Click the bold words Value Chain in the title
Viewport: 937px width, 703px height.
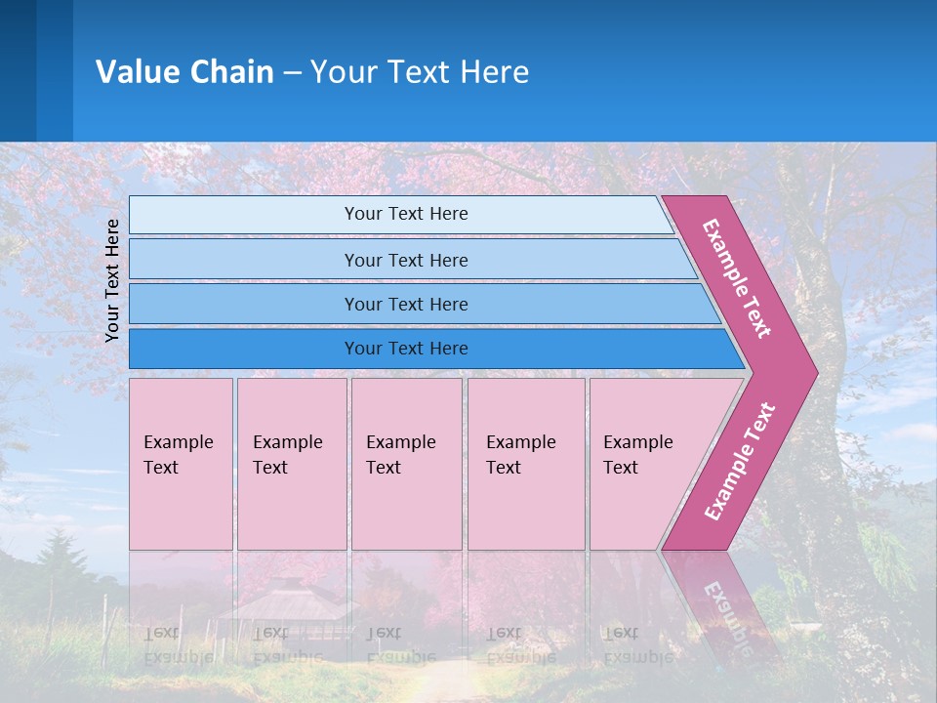[x=184, y=72]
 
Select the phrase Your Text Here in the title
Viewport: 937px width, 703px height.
[x=420, y=72]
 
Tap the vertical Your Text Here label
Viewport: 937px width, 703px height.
[x=112, y=280]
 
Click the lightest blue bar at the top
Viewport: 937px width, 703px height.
[x=405, y=214]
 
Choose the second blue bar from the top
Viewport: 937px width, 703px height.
[x=405, y=260]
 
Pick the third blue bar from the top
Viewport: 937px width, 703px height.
[x=405, y=304]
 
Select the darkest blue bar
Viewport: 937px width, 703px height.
[x=405, y=349]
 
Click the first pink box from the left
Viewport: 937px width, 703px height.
[x=181, y=464]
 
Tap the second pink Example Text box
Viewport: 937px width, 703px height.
[x=291, y=464]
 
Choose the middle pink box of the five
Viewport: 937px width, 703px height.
[x=406, y=464]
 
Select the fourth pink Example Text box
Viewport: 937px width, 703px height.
[x=526, y=464]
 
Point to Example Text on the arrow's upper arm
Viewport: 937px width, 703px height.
[x=737, y=278]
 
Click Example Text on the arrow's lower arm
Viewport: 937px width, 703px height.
[x=740, y=461]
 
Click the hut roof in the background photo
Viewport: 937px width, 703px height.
[x=283, y=598]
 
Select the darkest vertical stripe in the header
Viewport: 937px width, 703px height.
[x=18, y=70]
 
